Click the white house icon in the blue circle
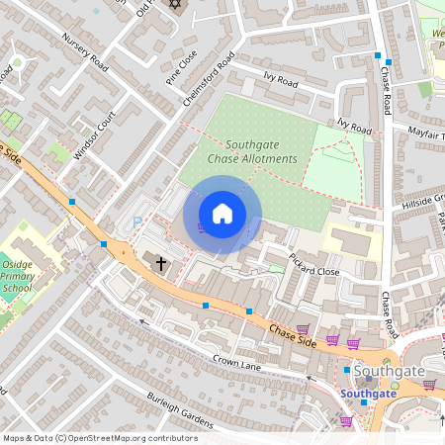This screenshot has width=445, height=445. [222, 214]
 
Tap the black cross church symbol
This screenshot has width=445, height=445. [161, 262]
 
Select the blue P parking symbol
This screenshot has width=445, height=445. [135, 224]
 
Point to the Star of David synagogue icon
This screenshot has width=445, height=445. [176, 5]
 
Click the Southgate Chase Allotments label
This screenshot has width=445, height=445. [252, 151]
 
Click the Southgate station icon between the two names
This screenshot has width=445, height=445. [347, 371]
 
